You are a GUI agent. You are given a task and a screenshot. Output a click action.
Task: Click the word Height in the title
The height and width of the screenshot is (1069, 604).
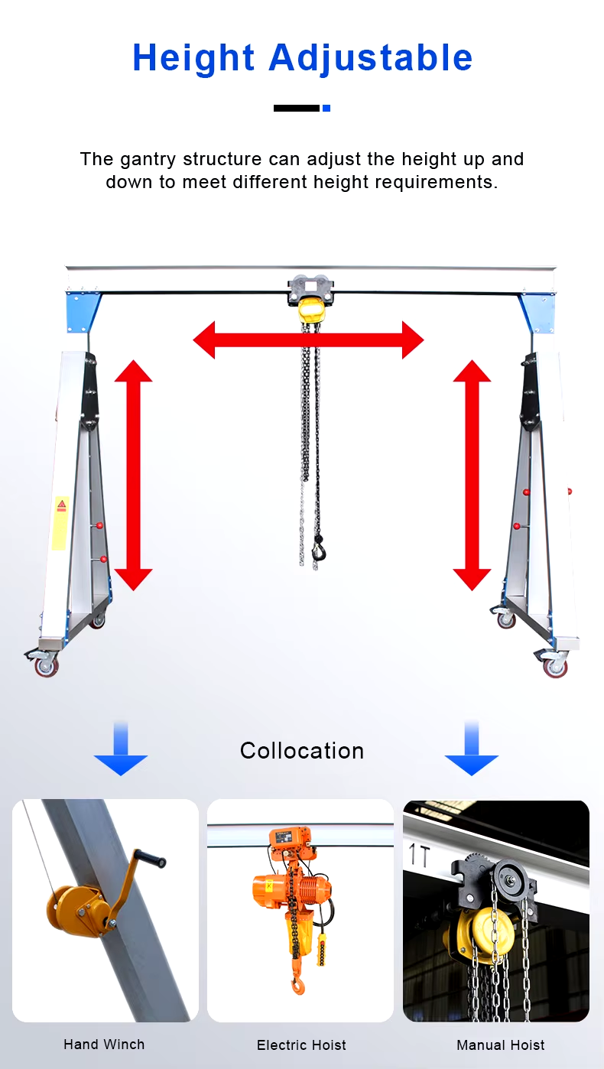click(x=193, y=58)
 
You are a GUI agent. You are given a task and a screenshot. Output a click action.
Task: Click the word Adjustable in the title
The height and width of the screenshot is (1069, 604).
click(x=371, y=58)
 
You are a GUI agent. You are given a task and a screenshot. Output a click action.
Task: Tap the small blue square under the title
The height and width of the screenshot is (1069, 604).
click(x=326, y=109)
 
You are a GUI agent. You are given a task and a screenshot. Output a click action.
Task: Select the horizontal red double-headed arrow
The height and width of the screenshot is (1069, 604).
click(x=308, y=340)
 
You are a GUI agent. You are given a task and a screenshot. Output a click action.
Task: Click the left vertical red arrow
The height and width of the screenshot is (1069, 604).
click(x=134, y=475)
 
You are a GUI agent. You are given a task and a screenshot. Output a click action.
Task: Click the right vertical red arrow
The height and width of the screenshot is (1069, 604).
click(x=472, y=475)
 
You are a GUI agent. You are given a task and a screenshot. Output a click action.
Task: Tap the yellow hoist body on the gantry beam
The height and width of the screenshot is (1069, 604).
click(x=309, y=310)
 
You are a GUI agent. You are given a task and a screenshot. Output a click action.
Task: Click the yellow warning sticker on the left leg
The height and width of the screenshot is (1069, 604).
click(x=60, y=522)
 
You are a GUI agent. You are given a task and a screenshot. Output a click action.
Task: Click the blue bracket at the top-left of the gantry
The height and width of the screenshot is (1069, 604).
click(x=82, y=312)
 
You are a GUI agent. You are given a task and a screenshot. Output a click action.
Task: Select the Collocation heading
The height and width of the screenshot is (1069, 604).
click(x=302, y=751)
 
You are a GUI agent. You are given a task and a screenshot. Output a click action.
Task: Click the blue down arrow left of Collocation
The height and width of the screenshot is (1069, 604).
click(x=121, y=749)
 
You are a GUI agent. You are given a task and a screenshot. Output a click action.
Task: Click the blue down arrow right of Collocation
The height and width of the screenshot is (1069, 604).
click(x=472, y=749)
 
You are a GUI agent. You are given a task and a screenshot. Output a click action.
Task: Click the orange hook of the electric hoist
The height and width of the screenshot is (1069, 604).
click(x=298, y=985)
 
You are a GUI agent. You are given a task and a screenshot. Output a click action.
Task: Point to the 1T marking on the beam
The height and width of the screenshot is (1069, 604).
click(x=420, y=855)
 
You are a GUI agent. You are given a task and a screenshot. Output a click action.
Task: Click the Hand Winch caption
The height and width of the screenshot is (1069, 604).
click(x=104, y=1045)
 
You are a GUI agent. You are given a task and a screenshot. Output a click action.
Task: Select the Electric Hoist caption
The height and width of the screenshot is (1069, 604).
click(x=301, y=1045)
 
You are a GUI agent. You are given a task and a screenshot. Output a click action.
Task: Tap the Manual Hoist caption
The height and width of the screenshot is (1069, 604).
click(x=501, y=1045)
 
